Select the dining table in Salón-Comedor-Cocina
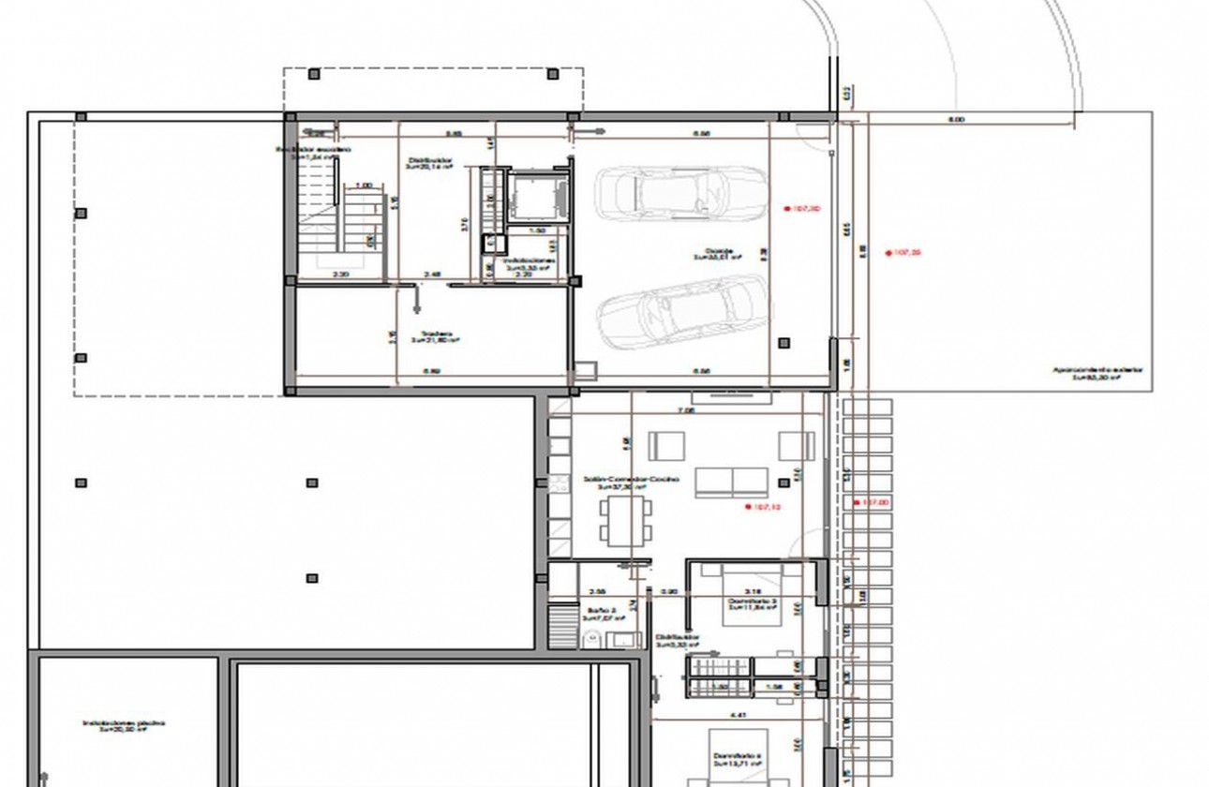(x=626, y=521)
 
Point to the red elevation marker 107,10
(x=763, y=507)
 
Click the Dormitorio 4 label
(x=738, y=760)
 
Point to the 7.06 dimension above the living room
(x=686, y=410)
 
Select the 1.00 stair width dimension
(x=364, y=186)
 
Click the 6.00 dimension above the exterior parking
(x=956, y=120)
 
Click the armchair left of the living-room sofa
(x=666, y=446)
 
